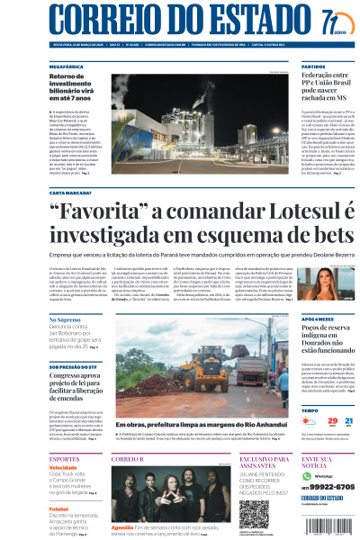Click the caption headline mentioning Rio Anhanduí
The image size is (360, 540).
(x=204, y=423)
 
